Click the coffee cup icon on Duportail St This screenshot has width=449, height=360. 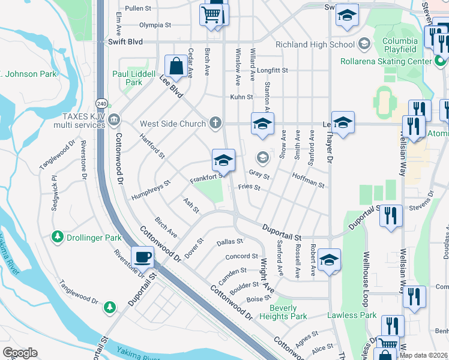[142, 257]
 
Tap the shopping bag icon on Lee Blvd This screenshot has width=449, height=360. [176, 67]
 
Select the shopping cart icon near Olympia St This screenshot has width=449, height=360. [211, 15]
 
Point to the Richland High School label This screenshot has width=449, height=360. [315, 44]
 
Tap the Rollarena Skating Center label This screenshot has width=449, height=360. [385, 61]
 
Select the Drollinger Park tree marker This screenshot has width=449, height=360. [58, 237]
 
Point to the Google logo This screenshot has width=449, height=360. [20, 353]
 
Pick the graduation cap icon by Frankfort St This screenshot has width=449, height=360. [223, 160]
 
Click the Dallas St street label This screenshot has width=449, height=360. [229, 242]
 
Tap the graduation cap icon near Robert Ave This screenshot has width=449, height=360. [329, 260]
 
